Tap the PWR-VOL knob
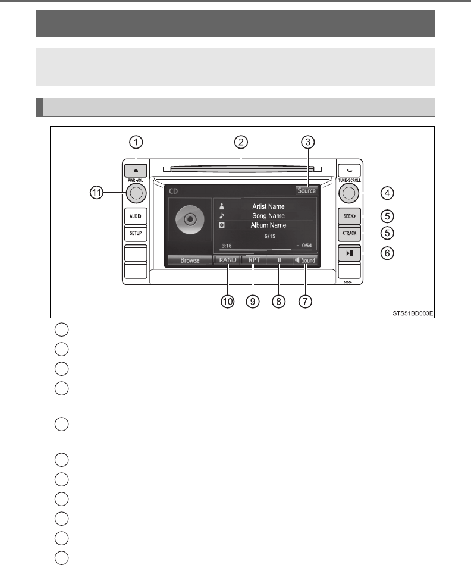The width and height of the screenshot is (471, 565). point(135,193)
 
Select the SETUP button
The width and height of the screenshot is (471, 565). point(135,234)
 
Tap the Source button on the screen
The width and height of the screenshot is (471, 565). point(307,191)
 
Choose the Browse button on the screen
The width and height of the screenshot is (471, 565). point(190,260)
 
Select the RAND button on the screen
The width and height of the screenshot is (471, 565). point(228,260)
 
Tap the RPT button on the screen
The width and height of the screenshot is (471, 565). point(253,260)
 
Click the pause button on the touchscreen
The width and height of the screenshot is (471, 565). point(279,260)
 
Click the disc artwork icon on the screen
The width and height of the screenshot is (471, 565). point(189,219)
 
